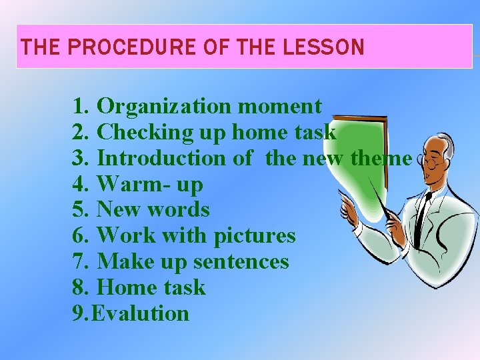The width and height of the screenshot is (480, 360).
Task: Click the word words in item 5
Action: [x=179, y=210]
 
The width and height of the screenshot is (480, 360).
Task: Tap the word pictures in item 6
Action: [x=255, y=235]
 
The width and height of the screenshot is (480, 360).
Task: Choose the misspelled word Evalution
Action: [x=141, y=313]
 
